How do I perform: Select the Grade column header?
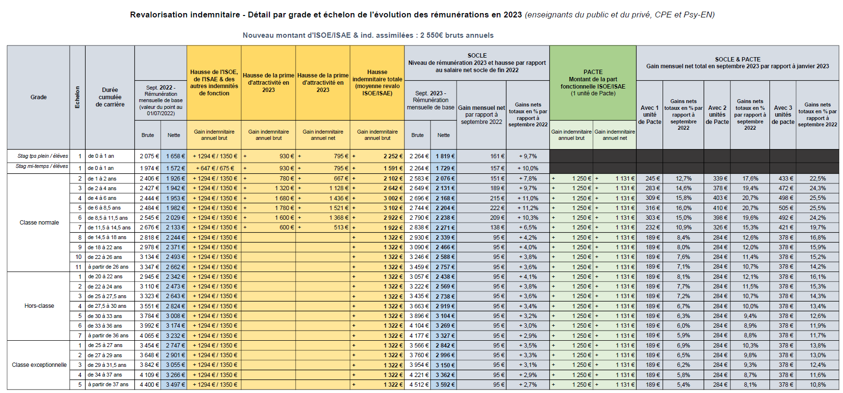coord(39,97)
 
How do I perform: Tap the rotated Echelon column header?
coord(77,97)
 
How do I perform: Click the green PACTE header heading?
coord(592,72)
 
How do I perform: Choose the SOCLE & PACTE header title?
coord(737,59)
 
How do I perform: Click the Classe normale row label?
coord(39,223)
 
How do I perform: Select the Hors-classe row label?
coord(39,306)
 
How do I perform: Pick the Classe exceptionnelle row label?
coord(39,365)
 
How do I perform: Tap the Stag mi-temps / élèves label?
coord(42,166)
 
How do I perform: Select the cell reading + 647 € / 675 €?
coord(214,168)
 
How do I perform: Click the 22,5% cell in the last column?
coord(817,179)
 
